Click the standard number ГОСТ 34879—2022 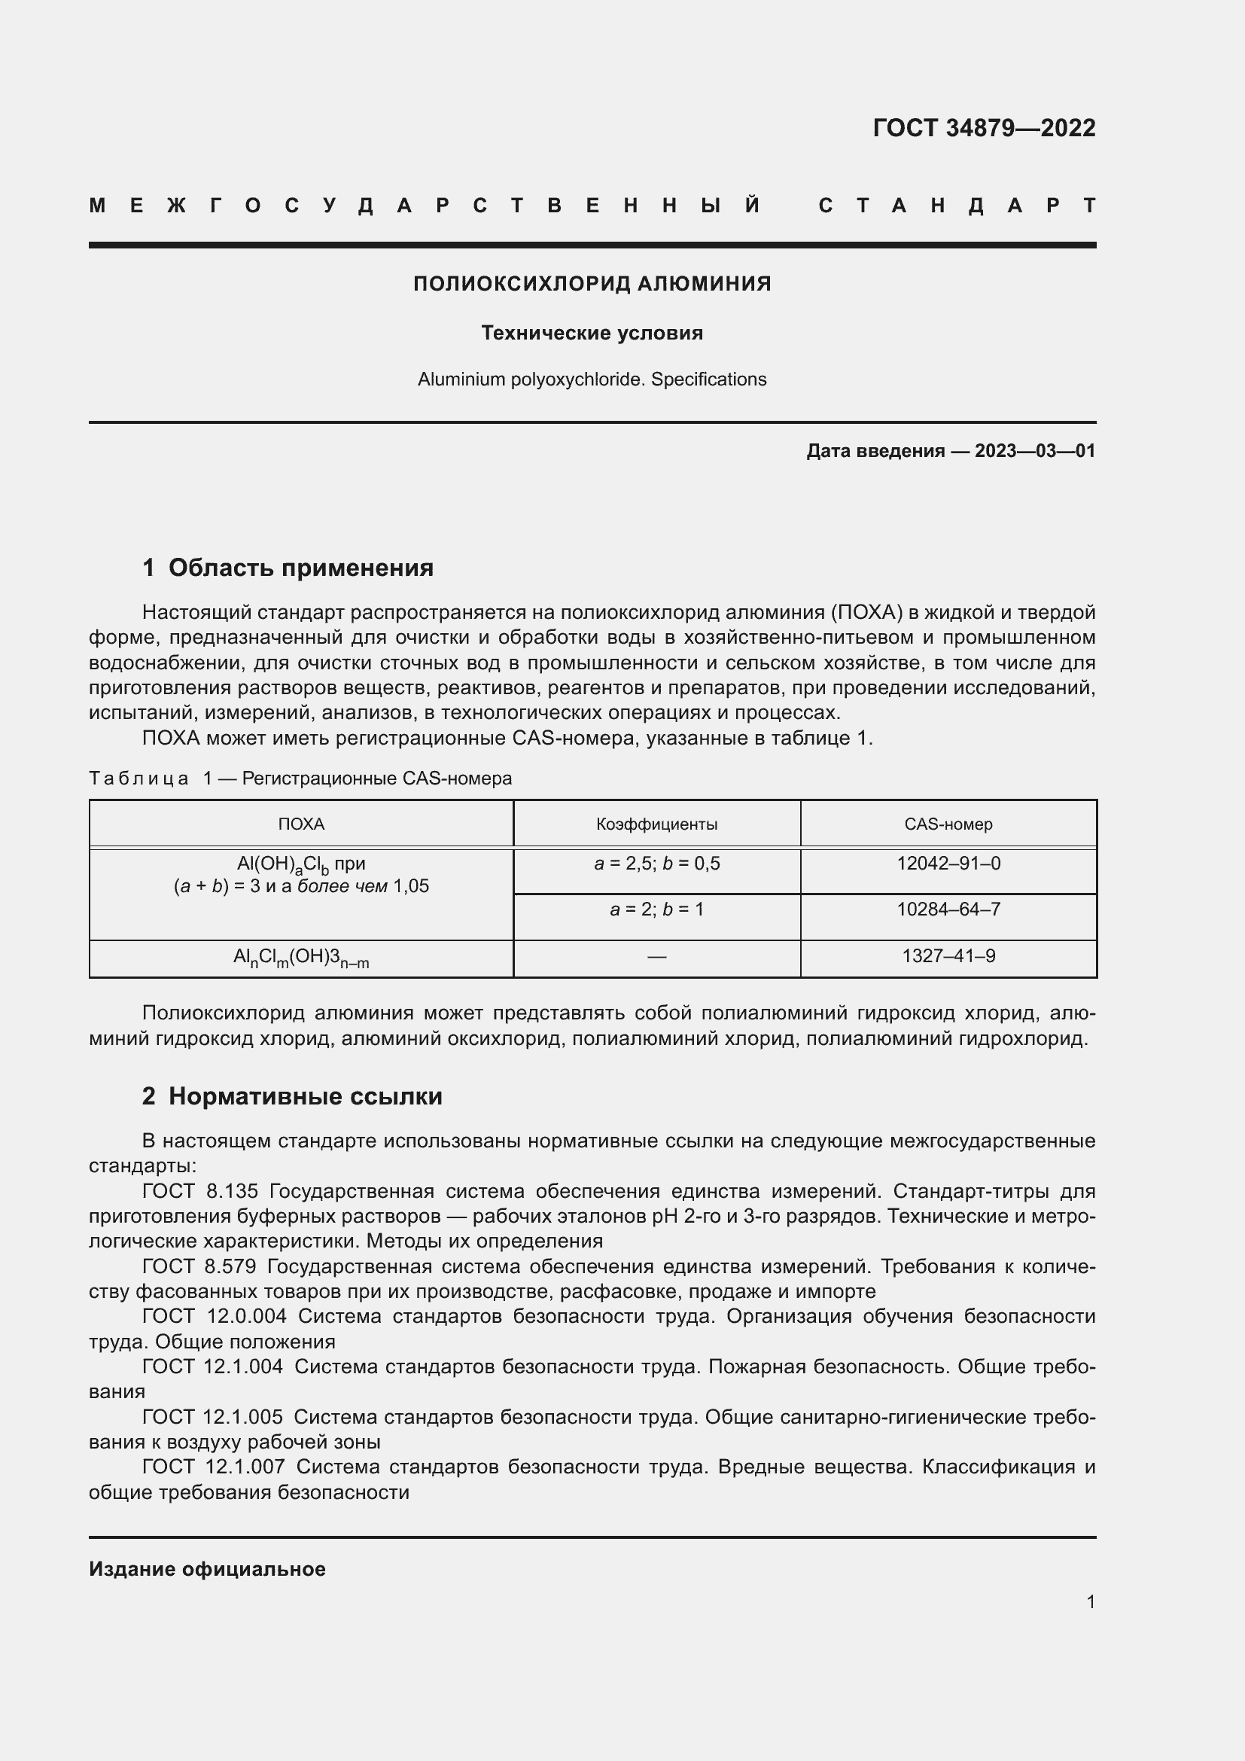984,127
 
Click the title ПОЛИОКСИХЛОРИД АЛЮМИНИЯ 592,284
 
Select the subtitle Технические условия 592,333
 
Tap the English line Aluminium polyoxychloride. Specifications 592,379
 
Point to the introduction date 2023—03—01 1034,451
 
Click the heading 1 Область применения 288,568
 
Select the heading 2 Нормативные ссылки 292,1096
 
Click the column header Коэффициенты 656,824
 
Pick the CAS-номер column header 948,824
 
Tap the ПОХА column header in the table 300,824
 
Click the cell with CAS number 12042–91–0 948,864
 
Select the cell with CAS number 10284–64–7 948,909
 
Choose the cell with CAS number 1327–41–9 948,955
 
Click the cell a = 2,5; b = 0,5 656,864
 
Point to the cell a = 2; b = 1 656,909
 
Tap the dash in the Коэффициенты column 656,956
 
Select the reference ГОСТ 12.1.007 213,1467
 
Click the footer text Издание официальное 207,1569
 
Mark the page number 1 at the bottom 1090,1601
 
